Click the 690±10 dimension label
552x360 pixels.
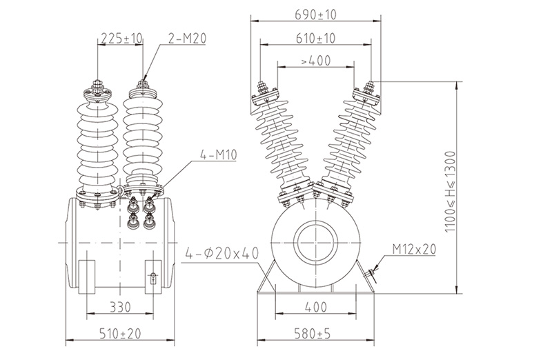coord(315,14)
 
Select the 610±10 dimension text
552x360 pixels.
coord(315,38)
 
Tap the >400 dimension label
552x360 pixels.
coord(316,61)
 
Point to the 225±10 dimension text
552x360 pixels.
coord(121,38)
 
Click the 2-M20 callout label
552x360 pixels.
coord(187,39)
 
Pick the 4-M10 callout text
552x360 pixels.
coord(219,154)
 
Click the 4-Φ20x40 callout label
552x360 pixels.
coord(221,253)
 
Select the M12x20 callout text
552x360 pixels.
coord(415,249)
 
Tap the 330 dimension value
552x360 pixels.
coord(120,307)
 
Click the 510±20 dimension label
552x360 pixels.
coord(120,333)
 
